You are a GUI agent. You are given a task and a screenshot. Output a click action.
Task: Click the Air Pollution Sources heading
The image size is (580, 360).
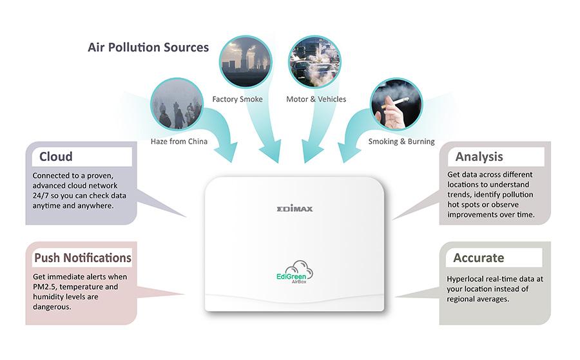click(148, 48)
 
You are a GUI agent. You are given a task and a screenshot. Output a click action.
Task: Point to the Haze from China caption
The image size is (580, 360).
click(179, 141)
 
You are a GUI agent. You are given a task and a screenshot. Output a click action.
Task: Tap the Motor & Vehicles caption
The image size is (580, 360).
click(316, 99)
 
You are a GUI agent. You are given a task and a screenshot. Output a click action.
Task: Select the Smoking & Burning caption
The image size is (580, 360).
click(401, 141)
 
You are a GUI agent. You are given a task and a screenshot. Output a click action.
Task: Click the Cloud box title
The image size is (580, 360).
click(56, 156)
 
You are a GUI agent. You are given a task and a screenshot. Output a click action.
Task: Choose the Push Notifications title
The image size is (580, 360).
click(82, 258)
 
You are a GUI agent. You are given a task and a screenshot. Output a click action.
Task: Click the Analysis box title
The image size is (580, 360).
click(479, 156)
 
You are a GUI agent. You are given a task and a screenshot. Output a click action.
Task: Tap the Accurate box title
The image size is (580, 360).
click(478, 258)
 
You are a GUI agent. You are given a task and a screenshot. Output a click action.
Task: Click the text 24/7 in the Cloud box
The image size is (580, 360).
click(41, 196)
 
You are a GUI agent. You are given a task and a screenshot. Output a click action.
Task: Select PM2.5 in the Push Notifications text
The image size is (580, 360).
click(47, 287)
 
